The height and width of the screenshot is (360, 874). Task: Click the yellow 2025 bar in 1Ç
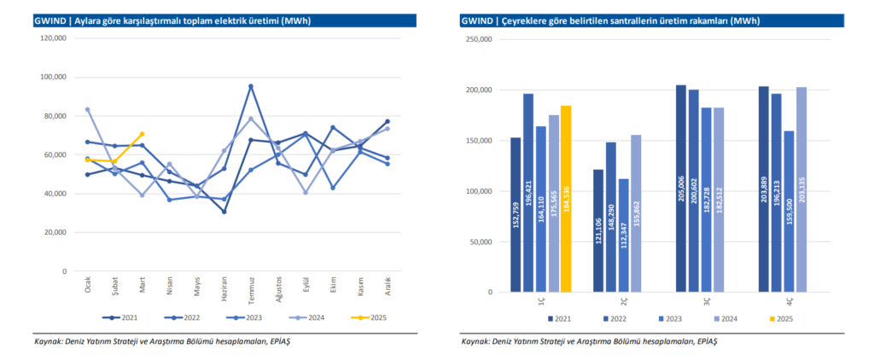coord(565,199)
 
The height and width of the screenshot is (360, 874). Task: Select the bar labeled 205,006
coord(681,189)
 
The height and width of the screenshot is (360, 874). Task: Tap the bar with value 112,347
coord(623,235)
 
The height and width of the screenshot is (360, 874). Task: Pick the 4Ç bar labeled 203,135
coord(801,189)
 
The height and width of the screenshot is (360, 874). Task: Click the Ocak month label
coord(88,284)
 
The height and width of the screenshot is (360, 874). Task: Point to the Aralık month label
coord(387,284)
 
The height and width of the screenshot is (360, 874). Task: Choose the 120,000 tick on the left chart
coord(53,38)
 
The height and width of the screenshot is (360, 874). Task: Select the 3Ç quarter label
coord(708,301)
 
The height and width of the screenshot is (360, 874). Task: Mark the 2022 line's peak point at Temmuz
coord(251,86)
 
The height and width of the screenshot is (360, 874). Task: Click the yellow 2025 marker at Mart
coord(142,134)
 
